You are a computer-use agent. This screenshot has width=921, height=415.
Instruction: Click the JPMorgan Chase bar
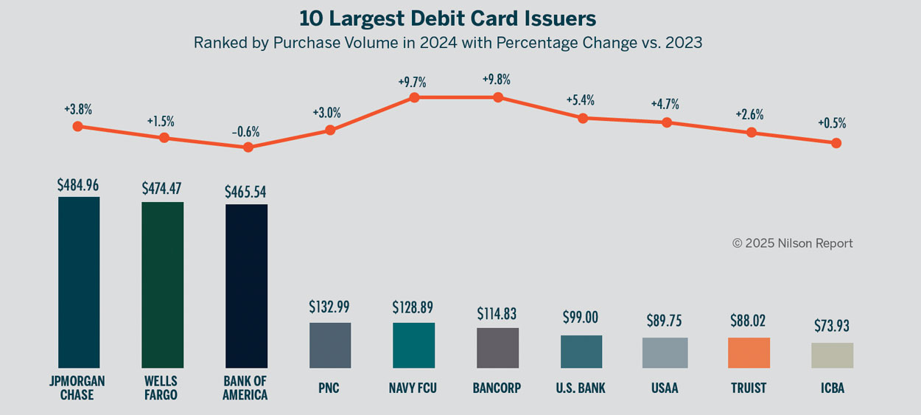(x=79, y=282)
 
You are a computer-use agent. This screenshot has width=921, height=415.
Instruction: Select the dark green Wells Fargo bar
(x=163, y=285)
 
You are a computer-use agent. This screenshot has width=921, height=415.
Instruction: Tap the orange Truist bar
(x=749, y=353)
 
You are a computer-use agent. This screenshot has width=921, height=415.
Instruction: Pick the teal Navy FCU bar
(x=414, y=345)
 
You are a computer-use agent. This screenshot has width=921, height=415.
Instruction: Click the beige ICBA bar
(x=833, y=355)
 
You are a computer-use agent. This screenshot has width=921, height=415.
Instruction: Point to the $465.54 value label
(x=245, y=192)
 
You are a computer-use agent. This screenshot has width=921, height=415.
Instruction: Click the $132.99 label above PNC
(x=330, y=307)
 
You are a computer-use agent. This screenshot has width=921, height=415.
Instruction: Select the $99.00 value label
(x=581, y=318)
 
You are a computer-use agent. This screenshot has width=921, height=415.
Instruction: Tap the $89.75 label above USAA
(x=665, y=321)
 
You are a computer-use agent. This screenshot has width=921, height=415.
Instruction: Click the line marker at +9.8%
(x=498, y=97)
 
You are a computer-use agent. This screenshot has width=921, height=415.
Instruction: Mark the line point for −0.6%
(x=248, y=147)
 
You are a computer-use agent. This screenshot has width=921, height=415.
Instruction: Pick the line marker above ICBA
(x=836, y=143)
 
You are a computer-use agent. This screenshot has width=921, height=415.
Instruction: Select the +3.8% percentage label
(x=78, y=109)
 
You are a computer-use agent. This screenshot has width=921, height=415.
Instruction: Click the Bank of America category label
(x=245, y=388)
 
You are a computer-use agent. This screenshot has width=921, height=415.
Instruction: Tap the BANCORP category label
(x=497, y=388)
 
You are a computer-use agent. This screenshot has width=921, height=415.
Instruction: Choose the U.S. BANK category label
(x=581, y=388)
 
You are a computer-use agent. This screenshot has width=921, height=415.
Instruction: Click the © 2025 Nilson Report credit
(x=792, y=243)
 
